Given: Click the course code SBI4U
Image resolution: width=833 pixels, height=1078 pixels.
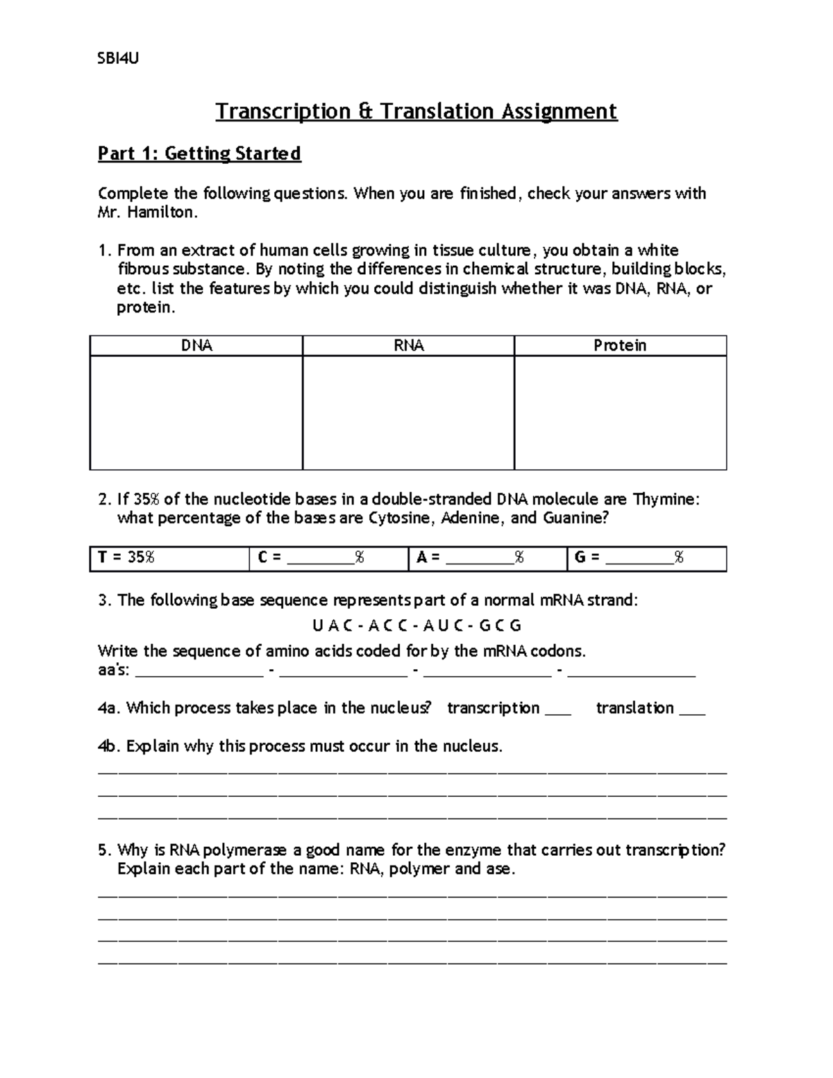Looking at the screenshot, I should pos(118,58).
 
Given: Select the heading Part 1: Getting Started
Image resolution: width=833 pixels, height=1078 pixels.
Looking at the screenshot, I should pos(199,153).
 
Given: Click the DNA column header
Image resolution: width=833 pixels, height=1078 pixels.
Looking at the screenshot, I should pos(196,346).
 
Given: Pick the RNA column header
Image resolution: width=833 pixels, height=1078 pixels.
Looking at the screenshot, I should pos(409,346).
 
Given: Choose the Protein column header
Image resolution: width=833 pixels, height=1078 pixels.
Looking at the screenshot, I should pos(620,346).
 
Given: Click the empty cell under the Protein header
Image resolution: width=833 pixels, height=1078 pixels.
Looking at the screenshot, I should pos(620,412).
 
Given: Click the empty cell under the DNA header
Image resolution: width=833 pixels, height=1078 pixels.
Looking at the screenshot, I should pos(196,412).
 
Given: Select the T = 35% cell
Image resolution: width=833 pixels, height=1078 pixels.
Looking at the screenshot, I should pos(169,558).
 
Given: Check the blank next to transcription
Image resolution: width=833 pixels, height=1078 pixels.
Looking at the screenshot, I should pos(558,709).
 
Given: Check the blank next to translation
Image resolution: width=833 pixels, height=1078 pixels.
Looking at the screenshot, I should pos(693,709).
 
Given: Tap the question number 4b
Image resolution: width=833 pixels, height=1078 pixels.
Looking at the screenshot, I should pos(109,747).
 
